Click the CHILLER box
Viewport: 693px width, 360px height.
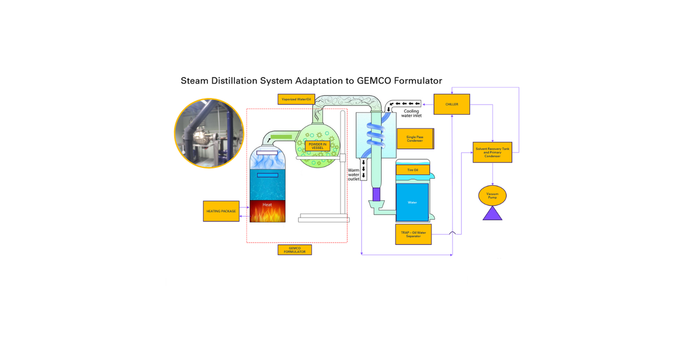coord(452,104)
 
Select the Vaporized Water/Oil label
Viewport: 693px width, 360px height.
coord(296,99)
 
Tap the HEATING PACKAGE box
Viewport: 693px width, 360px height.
coord(221,211)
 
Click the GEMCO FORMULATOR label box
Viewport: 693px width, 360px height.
coord(295,250)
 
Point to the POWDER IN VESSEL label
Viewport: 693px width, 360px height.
coord(317,146)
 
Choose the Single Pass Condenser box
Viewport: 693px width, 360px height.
coord(415,139)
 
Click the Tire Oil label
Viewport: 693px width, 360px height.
coord(413,170)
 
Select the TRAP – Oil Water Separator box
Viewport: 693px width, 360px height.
coord(413,234)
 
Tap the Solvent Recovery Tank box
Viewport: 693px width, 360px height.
coord(492,151)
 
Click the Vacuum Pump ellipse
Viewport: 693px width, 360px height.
coord(492,195)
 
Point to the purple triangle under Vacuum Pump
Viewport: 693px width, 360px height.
coord(492,214)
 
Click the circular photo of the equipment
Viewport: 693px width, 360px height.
coord(209,133)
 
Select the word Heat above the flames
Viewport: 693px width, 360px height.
coord(267,205)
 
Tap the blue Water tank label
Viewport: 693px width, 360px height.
coord(413,202)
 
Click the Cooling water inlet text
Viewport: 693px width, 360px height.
coord(411,113)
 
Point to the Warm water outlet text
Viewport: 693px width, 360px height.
coord(354,174)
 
